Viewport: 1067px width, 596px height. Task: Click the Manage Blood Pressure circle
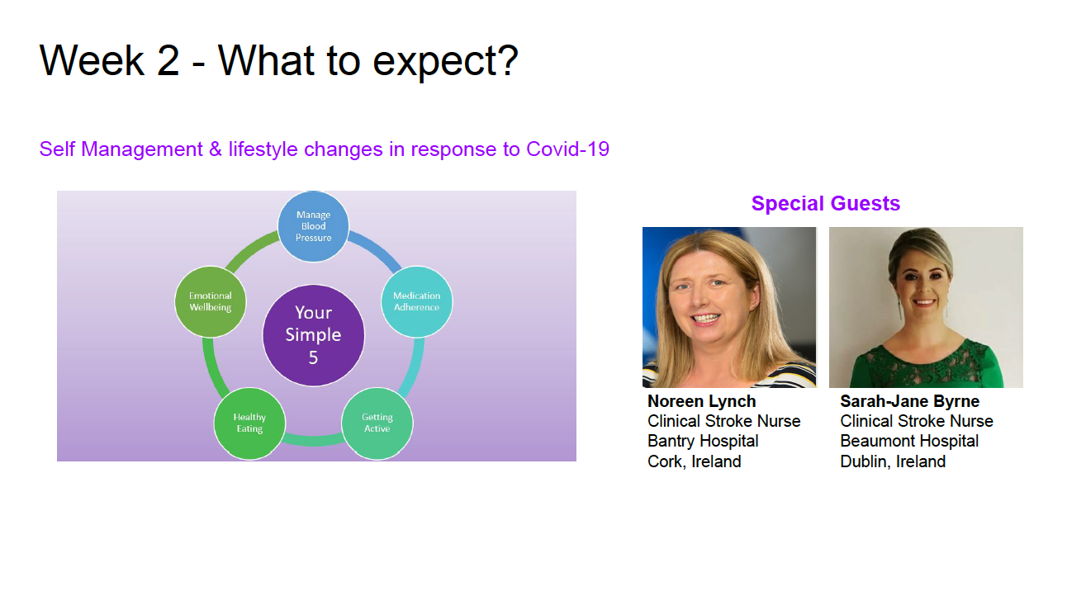313,226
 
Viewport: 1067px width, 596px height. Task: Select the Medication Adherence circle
417,302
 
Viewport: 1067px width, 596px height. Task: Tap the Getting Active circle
377,423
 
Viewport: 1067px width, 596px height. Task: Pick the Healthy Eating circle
249,423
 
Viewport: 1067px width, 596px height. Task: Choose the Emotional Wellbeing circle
210,302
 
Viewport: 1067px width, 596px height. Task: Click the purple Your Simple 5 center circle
314,335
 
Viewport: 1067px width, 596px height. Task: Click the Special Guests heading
826,204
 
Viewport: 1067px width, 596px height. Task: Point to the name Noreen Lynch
702,401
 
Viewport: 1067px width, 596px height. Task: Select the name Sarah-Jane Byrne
910,401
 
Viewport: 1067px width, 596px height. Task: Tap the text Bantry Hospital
703,442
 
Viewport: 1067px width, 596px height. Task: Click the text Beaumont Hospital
909,442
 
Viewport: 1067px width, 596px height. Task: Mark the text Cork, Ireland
695,461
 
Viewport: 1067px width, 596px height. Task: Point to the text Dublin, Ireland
893,461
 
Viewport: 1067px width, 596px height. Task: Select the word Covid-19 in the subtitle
568,149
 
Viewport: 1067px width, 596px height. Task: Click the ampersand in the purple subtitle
216,149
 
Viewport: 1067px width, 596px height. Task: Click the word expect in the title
433,63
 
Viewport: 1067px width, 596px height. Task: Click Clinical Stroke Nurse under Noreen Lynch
724,421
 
